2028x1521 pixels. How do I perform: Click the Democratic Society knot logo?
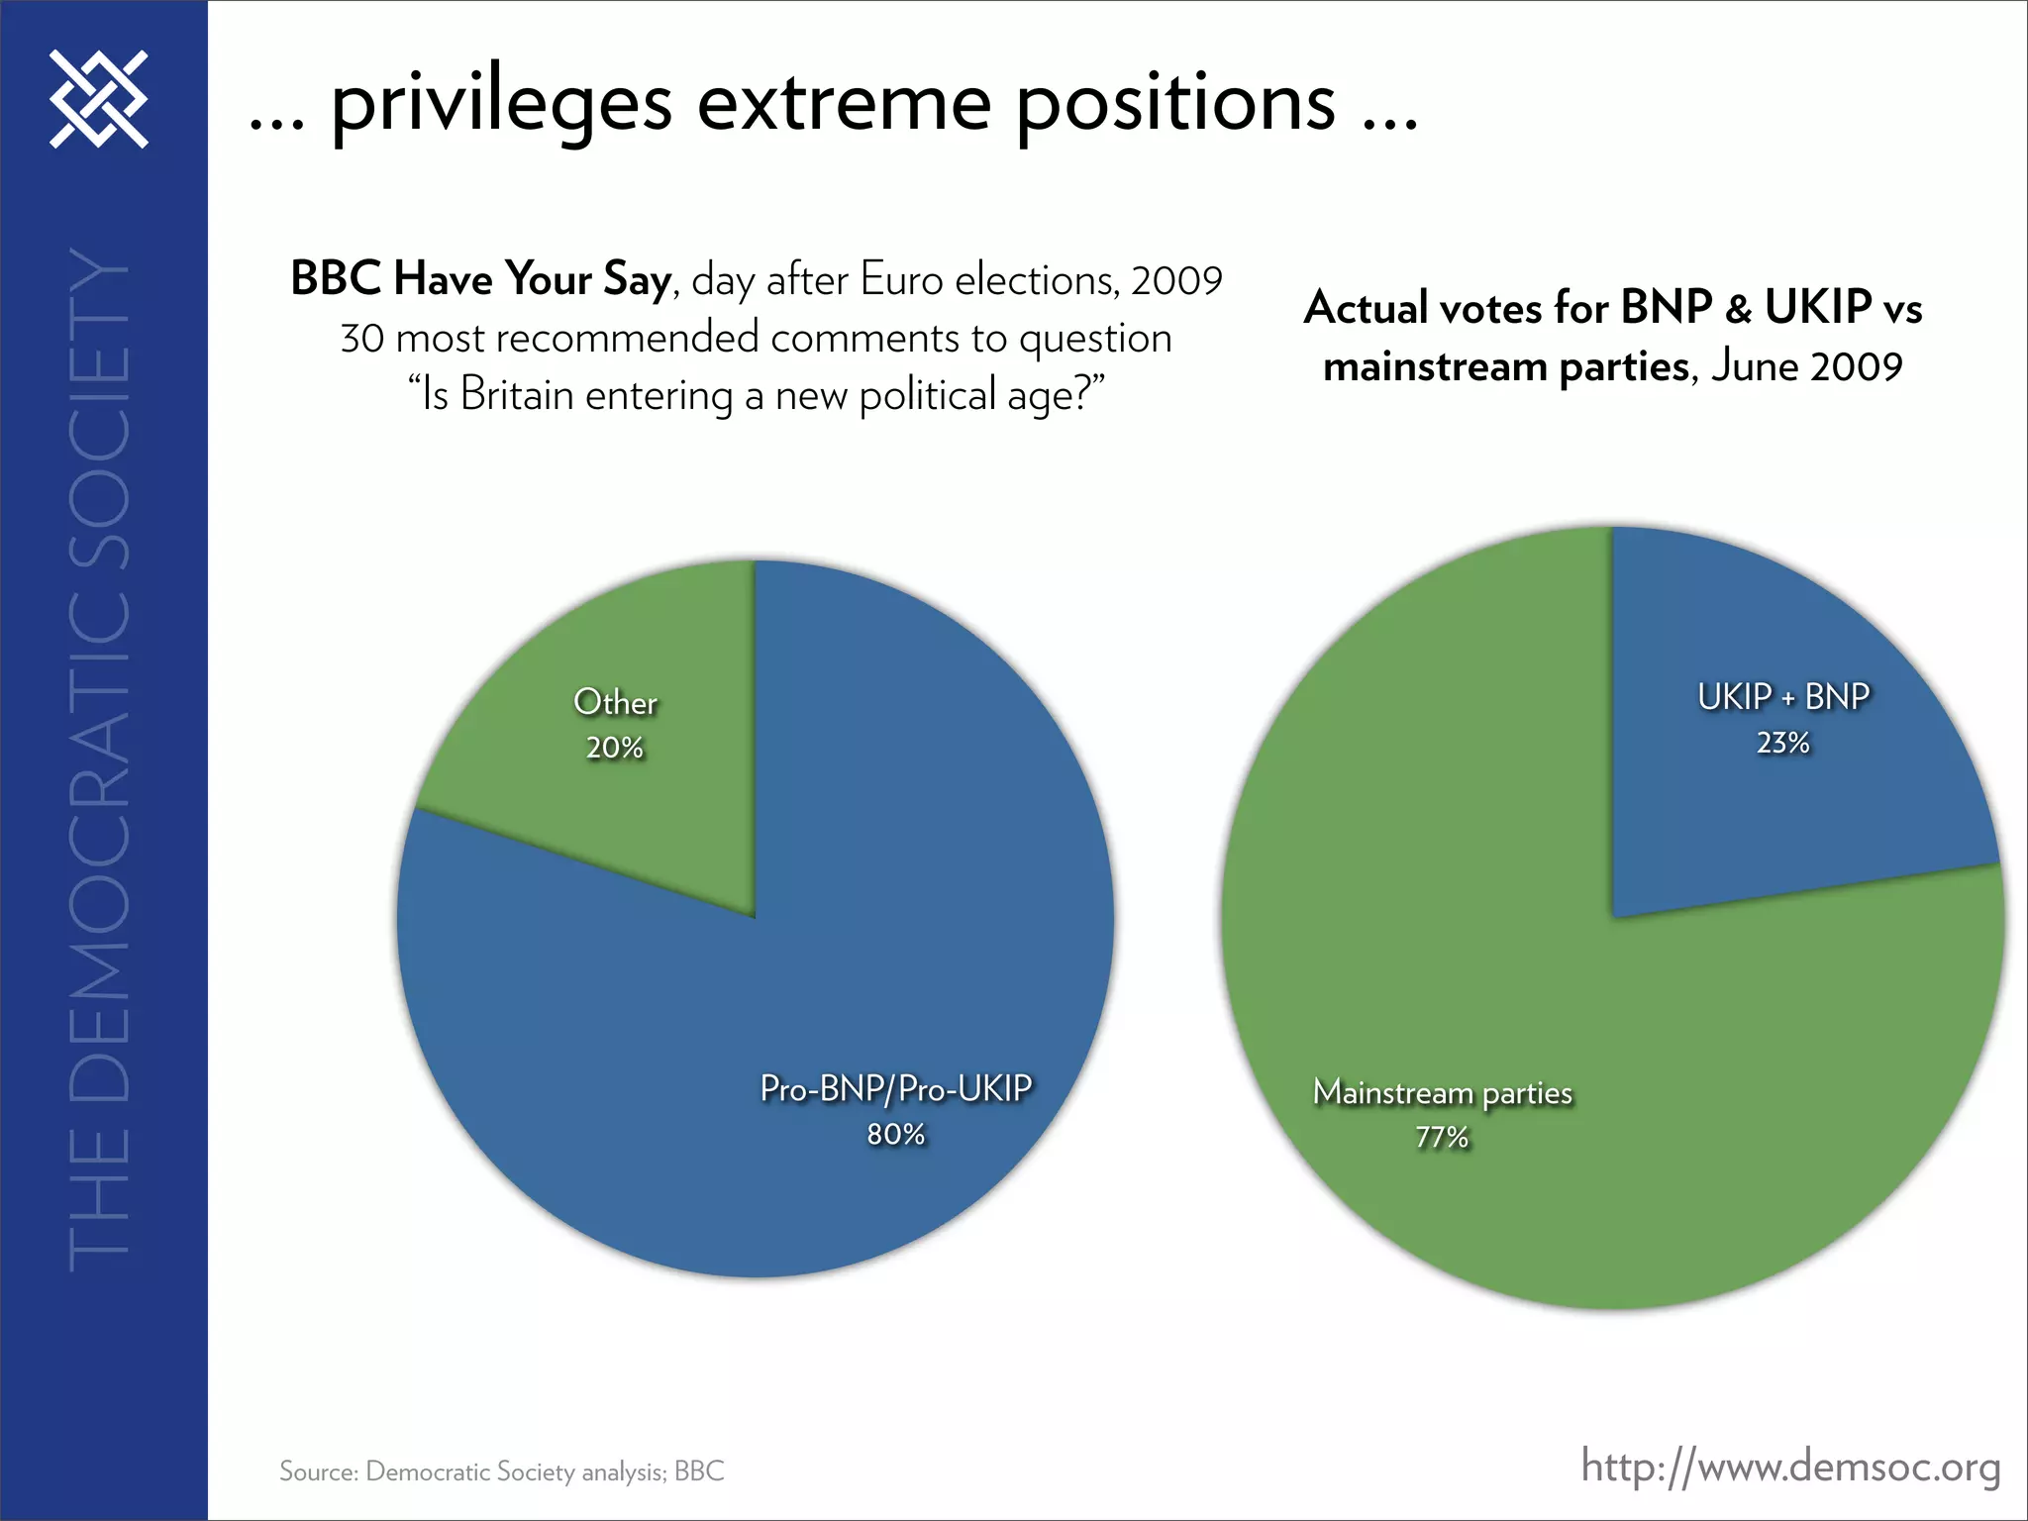pos(99,99)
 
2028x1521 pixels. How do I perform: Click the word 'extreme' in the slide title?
pos(844,103)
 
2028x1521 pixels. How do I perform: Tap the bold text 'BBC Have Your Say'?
pos(481,279)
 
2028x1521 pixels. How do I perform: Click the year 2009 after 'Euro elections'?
pos(1176,281)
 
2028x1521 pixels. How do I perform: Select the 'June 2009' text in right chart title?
pos(1806,367)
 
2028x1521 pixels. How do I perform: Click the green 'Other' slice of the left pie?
pos(634,792)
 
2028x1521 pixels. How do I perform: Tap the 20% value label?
pos(615,749)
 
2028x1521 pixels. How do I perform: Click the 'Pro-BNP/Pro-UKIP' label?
pos(896,1089)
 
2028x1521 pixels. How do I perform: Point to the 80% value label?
pos(896,1135)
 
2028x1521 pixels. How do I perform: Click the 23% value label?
pos(1783,744)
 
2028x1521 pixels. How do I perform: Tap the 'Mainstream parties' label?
pos(1443,1093)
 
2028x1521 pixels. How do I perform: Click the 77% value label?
pos(1442,1138)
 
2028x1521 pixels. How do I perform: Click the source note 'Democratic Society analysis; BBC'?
pos(544,1471)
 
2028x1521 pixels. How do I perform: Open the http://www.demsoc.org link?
pos(1790,1467)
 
